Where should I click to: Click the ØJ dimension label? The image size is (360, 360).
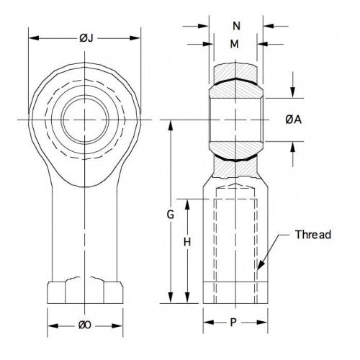tap(84, 38)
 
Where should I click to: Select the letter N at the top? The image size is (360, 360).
tap(237, 27)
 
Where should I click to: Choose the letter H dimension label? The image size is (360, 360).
tap(186, 243)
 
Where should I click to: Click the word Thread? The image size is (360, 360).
tap(313, 235)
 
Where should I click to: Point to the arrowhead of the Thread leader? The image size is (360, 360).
tap(259, 269)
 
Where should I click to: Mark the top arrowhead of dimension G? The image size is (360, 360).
tap(171, 123)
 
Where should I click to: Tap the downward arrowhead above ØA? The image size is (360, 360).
tap(293, 93)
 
